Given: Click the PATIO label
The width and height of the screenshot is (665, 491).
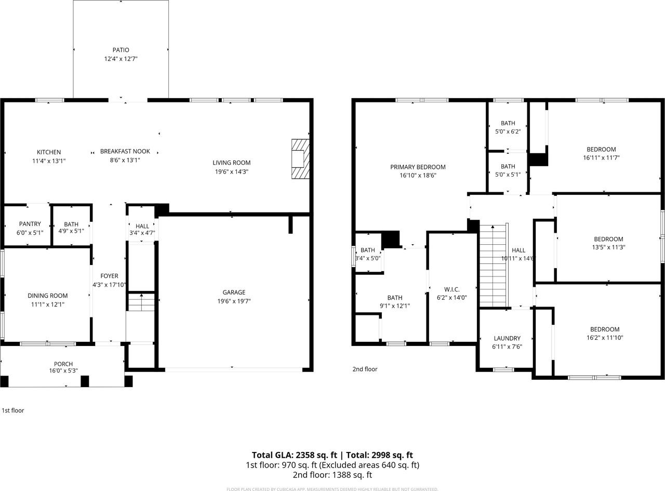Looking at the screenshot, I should pyautogui.click(x=121, y=50).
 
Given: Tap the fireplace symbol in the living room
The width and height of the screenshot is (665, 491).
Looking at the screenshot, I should pyautogui.click(x=300, y=159).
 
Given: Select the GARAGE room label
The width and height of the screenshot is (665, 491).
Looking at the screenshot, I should pyautogui.click(x=234, y=293).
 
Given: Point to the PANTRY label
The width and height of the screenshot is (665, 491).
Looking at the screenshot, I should pyautogui.click(x=30, y=224).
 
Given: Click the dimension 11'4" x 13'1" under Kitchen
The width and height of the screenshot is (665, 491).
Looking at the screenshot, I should pyautogui.click(x=49, y=161).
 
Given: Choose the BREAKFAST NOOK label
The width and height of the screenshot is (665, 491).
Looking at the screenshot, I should pyautogui.click(x=125, y=151).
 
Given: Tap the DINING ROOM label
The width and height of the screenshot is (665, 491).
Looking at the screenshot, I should pyautogui.click(x=47, y=296).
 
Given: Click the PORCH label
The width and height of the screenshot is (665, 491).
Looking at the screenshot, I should pyautogui.click(x=63, y=364).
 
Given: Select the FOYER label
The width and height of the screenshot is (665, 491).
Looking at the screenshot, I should pyautogui.click(x=109, y=276).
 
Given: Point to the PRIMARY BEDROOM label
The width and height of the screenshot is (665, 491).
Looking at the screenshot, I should pyautogui.click(x=418, y=167).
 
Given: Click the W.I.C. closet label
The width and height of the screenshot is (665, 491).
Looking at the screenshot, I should pyautogui.click(x=451, y=289).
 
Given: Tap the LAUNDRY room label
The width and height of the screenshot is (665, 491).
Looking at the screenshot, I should pyautogui.click(x=507, y=338).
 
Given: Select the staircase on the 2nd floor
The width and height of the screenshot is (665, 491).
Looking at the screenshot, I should pyautogui.click(x=493, y=265).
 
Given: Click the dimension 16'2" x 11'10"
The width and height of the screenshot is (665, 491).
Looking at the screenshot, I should pyautogui.click(x=605, y=338).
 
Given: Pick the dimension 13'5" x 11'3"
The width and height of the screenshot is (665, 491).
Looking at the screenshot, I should pyautogui.click(x=608, y=247).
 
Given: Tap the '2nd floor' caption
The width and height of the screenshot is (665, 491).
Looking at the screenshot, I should pyautogui.click(x=365, y=369).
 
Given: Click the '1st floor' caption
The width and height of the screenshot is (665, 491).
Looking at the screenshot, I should pyautogui.click(x=12, y=410).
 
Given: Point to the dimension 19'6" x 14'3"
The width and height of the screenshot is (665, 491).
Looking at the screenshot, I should pyautogui.click(x=231, y=171).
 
